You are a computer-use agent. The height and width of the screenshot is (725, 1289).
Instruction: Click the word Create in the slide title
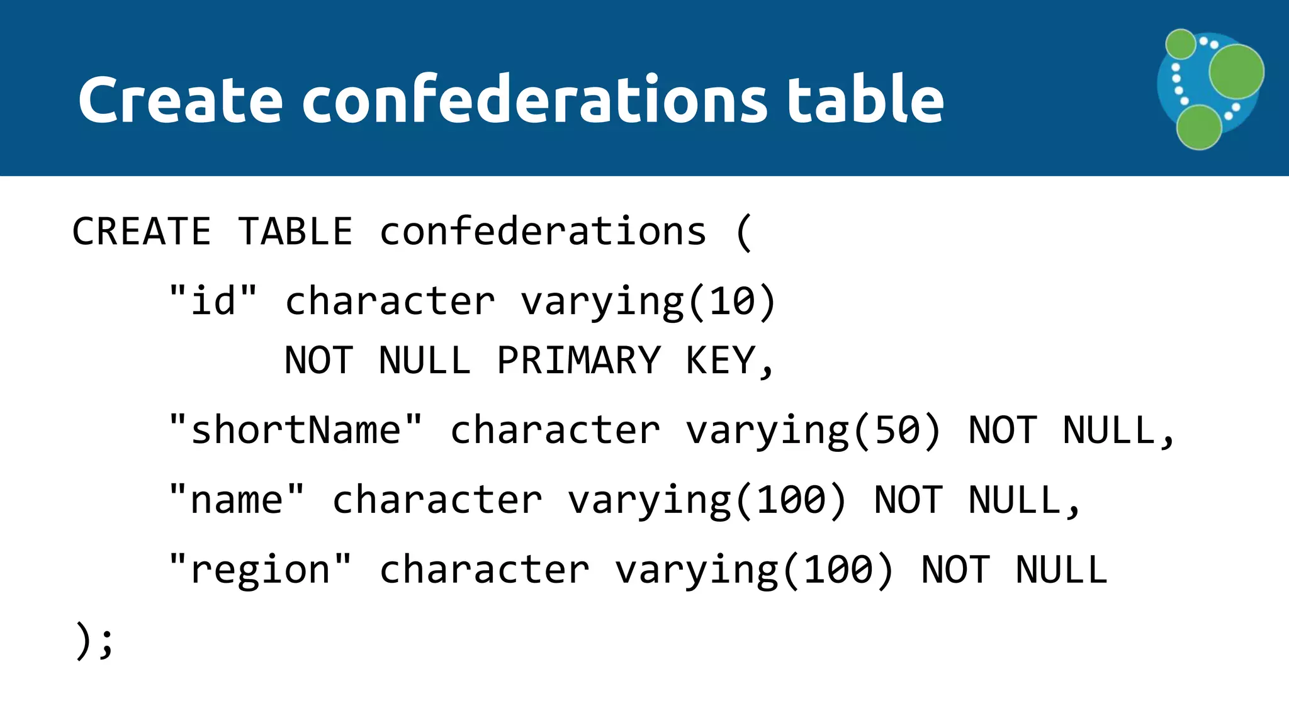[x=180, y=99]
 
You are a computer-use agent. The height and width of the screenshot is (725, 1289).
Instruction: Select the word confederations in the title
[x=534, y=99]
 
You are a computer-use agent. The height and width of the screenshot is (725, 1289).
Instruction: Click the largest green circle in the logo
[x=1236, y=71]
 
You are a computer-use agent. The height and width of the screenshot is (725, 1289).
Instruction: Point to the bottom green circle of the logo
[x=1199, y=127]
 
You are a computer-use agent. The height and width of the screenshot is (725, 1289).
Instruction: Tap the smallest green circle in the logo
[x=1181, y=44]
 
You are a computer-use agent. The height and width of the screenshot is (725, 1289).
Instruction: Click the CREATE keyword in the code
[x=142, y=231]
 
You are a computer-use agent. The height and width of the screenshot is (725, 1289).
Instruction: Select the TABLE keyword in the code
[x=295, y=231]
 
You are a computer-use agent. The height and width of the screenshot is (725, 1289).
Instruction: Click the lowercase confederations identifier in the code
[x=543, y=231]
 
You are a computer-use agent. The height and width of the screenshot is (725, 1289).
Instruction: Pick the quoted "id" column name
[x=213, y=300]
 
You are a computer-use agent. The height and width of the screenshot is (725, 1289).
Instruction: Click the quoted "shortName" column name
[x=296, y=430]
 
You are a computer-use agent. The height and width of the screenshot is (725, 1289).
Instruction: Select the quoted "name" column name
[x=237, y=500]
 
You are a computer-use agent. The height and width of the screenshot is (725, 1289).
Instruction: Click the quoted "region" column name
[x=260, y=570]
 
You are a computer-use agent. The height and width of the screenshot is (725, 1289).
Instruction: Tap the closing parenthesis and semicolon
[x=94, y=641]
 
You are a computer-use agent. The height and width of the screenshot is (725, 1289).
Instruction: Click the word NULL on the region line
[x=1061, y=570]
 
